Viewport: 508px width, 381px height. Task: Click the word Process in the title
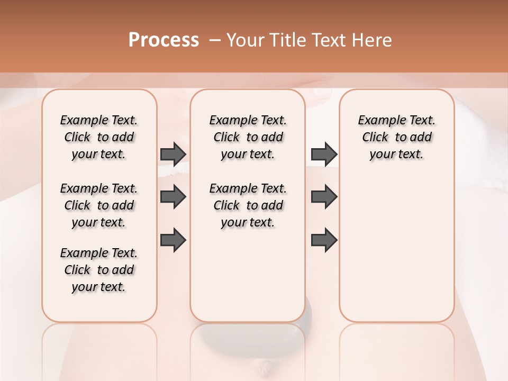click(x=164, y=40)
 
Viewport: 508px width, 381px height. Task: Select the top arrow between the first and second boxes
click(x=173, y=154)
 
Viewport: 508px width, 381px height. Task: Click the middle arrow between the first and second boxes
click(x=173, y=197)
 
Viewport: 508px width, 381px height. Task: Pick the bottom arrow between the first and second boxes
click(x=173, y=240)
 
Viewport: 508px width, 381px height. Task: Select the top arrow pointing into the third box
click(x=324, y=154)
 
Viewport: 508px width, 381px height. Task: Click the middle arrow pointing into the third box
click(x=324, y=197)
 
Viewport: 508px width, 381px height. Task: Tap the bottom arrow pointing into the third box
click(x=324, y=240)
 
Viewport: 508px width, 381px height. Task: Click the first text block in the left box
click(x=99, y=137)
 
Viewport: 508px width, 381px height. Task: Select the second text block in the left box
click(x=99, y=205)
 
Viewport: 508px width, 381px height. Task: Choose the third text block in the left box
click(x=99, y=270)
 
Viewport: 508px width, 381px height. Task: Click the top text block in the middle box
click(x=248, y=137)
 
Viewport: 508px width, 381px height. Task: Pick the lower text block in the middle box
click(x=248, y=205)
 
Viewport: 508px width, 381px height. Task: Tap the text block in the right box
click(x=396, y=137)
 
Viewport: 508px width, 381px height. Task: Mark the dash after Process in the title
click(x=215, y=40)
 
